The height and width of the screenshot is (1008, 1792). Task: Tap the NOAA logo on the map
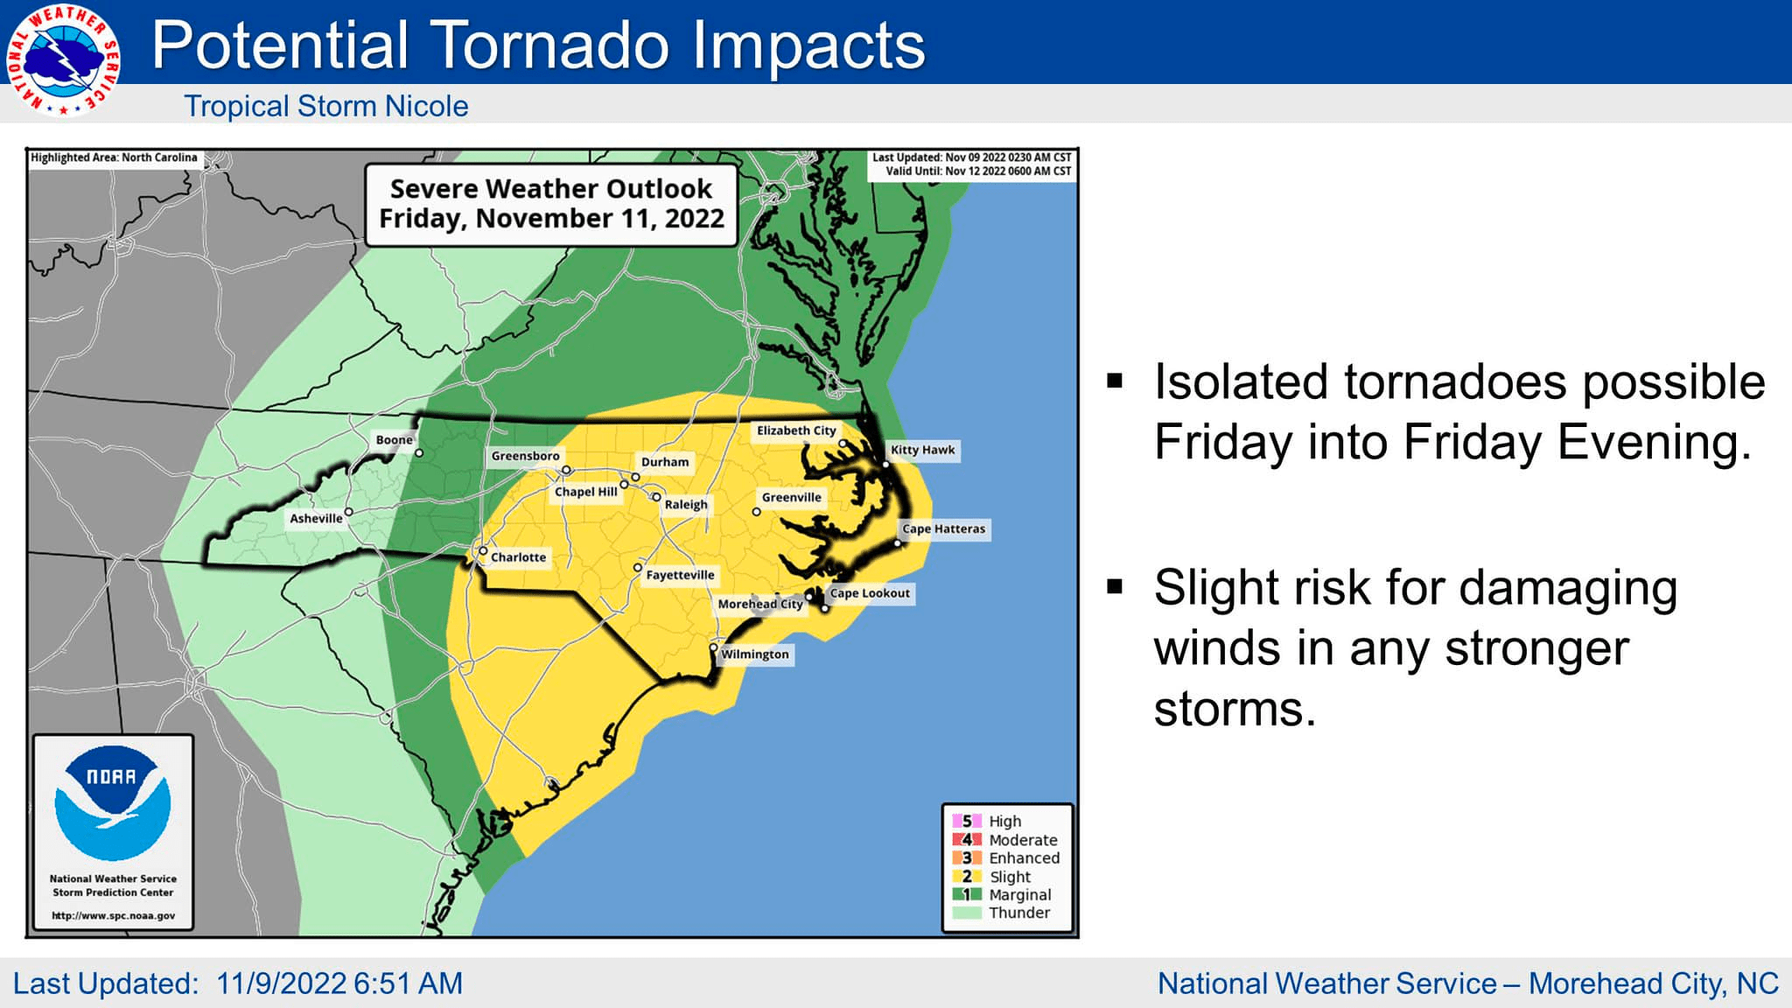coord(113,801)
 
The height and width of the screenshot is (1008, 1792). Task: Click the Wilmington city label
coord(754,654)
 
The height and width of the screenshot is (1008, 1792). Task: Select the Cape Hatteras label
coord(943,528)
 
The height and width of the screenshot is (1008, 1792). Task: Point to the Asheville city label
coord(316,518)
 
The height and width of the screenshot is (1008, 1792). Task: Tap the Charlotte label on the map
coord(518,557)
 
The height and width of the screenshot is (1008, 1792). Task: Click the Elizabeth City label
coord(796,430)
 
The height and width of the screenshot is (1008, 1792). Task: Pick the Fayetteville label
coord(680,575)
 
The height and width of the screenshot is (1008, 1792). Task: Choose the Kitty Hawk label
coord(922,450)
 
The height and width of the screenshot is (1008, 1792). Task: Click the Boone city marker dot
coord(419,453)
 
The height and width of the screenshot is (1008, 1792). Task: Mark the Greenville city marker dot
coord(757,512)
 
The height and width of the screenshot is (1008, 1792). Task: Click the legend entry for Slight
coord(1010,877)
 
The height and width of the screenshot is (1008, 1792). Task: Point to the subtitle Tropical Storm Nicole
coord(325,106)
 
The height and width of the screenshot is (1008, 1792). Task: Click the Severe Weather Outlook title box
coord(551,203)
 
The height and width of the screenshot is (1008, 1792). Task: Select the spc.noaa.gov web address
coord(113,916)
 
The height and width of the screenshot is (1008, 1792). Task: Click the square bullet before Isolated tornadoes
coord(1115,381)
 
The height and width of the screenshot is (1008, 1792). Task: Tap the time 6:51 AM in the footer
coord(407,983)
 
